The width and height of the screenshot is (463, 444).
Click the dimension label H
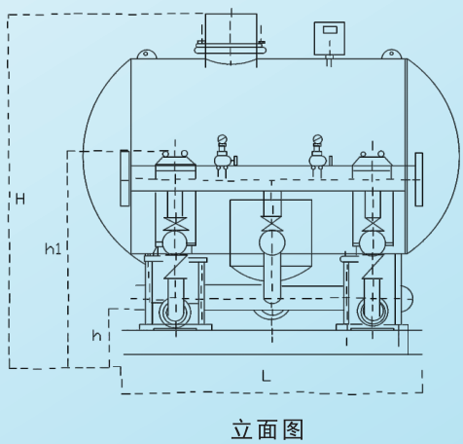pos(20,199)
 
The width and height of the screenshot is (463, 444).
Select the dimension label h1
pos(53,249)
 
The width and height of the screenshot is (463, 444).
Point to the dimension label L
pos(266,376)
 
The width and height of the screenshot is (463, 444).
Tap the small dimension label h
pos(96,335)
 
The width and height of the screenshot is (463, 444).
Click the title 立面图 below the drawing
pos(267,429)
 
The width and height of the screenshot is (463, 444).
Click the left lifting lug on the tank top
pos(147,54)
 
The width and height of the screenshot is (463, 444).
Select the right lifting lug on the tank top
pos(391,54)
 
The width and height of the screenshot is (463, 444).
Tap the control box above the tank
pos(330,38)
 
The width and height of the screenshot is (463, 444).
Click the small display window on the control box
pos(330,30)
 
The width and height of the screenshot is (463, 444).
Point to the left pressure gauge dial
pos(222,139)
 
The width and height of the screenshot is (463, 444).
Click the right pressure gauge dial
pos(318,139)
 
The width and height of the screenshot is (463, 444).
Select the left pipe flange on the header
pos(125,178)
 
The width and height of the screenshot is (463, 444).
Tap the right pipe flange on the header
pos(419,179)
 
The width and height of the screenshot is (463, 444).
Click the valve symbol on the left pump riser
pos(175,224)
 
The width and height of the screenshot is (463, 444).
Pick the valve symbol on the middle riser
pos(271,224)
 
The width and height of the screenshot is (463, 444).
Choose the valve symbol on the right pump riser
pos(373,224)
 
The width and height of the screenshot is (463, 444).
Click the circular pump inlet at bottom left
pos(175,313)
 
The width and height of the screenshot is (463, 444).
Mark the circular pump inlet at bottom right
pos(373,312)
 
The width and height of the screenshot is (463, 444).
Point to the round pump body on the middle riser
pos(272,242)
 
